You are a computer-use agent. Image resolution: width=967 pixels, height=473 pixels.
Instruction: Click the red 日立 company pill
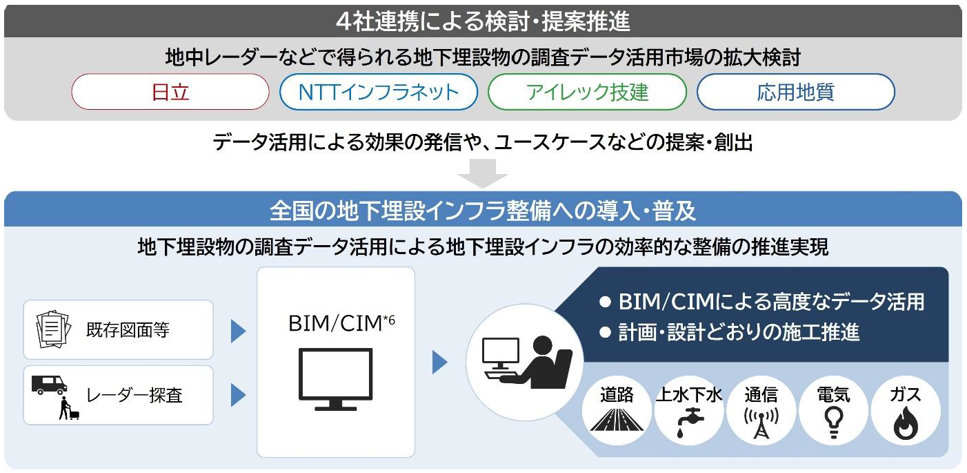coord(170,92)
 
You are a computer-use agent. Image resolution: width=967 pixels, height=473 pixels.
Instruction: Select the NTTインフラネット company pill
coord(379,92)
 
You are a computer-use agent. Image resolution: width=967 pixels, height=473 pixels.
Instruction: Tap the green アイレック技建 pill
coord(587,92)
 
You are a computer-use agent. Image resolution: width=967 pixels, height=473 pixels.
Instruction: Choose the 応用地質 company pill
coord(795,92)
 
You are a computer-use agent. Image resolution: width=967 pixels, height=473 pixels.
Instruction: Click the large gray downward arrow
coord(483,173)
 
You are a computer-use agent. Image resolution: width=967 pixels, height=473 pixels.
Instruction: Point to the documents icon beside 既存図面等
coord(54,329)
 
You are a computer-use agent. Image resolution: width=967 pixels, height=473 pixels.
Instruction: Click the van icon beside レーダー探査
coord(49,384)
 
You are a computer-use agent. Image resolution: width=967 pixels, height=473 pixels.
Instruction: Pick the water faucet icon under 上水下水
coord(688,421)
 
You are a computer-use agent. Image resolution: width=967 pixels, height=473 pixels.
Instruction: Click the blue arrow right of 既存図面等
coord(238,331)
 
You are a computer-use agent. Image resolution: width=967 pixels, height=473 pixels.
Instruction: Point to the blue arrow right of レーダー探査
coord(238,395)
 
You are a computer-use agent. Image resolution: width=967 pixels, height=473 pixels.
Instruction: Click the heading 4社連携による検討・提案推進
coord(483,22)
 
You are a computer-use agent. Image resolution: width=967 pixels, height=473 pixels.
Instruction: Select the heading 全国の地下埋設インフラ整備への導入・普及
coord(483,210)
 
